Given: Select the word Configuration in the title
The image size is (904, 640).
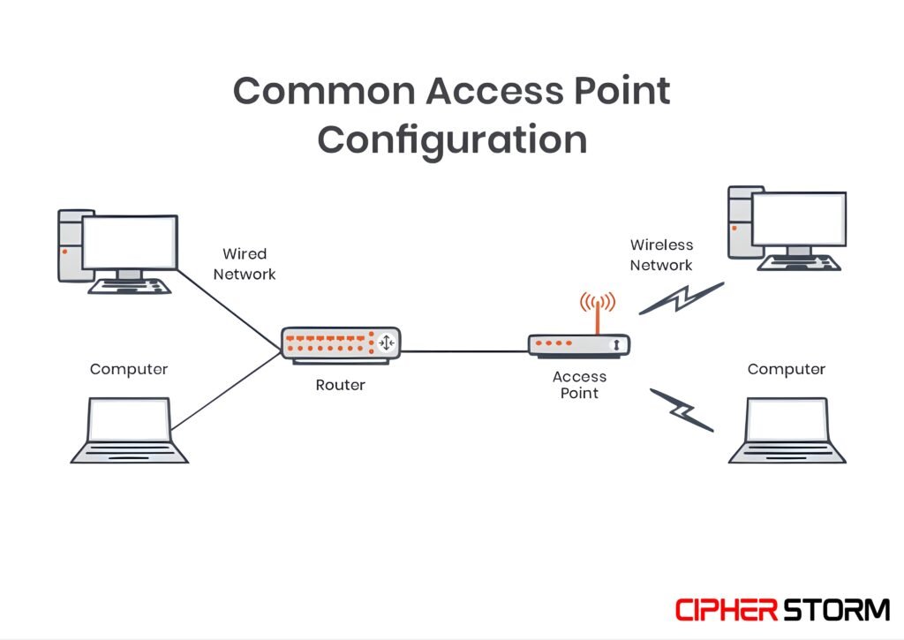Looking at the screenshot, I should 452,139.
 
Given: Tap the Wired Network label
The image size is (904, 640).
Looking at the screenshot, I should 245,264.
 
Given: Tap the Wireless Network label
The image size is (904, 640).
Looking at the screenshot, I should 661,254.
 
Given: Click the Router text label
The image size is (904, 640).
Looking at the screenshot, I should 340,385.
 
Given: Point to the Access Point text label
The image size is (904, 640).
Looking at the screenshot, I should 579,384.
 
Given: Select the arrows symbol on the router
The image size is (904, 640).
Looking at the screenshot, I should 388,343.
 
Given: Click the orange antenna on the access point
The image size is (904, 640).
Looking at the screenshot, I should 598,313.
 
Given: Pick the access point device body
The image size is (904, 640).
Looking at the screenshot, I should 579,344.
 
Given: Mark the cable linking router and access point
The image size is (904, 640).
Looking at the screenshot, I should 466,351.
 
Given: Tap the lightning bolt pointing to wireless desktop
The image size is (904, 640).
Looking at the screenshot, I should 682,299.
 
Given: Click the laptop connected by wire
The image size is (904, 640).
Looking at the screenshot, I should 130,430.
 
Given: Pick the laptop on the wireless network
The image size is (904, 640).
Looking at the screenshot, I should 787,430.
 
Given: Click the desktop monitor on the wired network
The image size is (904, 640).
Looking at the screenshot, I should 129,241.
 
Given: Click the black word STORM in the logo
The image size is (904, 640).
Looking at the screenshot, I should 836,609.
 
